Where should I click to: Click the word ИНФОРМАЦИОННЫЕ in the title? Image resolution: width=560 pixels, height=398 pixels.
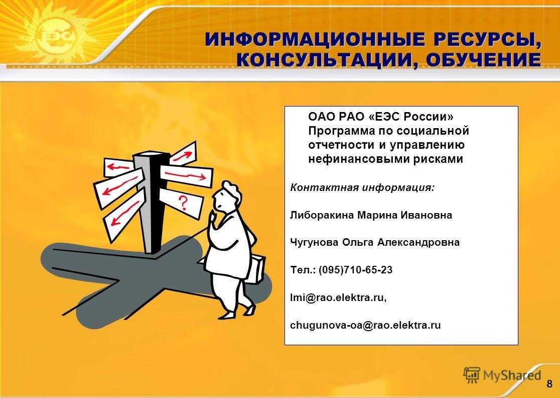point(316,39)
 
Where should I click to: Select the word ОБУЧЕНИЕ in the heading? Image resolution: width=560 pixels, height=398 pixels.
point(483,60)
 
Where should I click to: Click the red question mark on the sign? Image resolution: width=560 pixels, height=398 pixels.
point(183,203)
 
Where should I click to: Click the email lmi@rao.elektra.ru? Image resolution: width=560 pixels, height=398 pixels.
point(338,297)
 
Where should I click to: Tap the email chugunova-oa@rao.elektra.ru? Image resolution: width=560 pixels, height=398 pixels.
point(365,326)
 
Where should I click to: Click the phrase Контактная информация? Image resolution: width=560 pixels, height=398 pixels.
point(362,188)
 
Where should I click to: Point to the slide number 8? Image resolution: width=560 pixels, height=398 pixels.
point(549,385)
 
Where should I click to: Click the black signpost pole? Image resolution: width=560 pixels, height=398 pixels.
point(154,202)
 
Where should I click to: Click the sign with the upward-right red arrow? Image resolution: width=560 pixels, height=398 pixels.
point(183,153)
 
